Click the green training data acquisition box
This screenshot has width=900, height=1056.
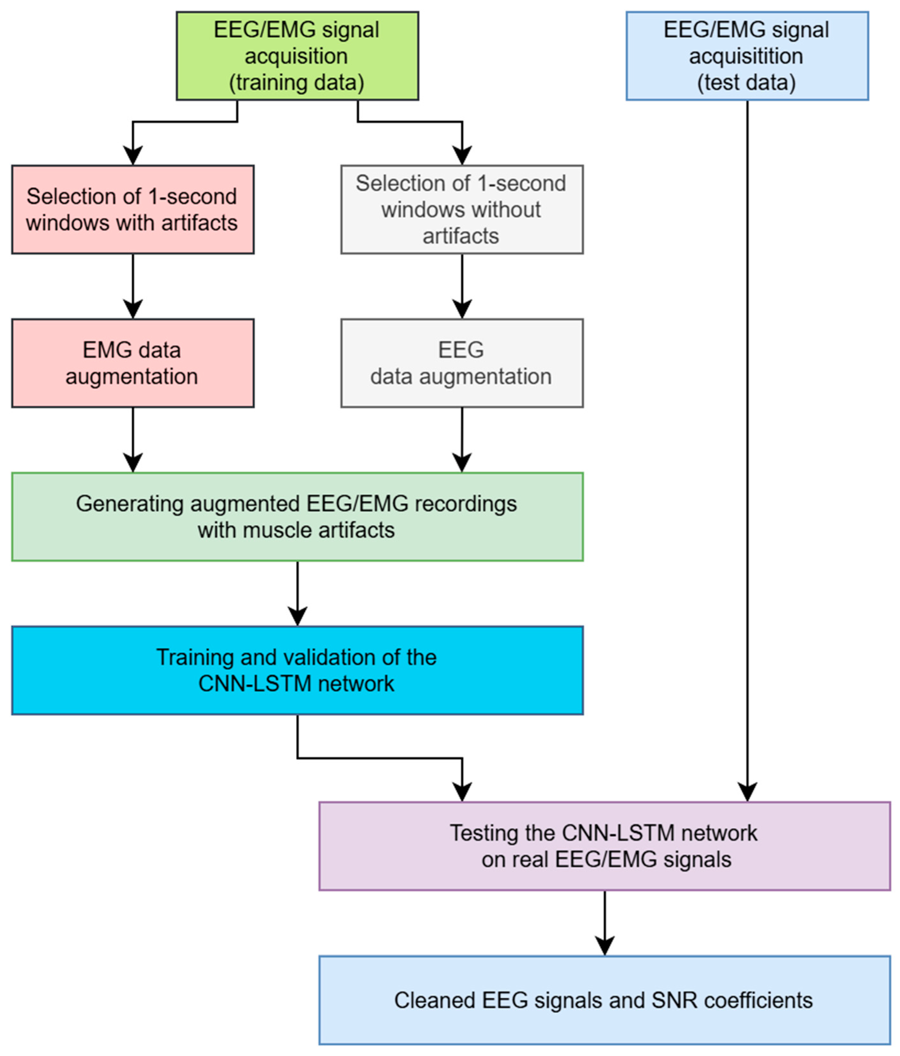(x=297, y=56)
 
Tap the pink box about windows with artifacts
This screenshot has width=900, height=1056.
(x=133, y=209)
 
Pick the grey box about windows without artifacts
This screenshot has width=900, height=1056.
(x=462, y=209)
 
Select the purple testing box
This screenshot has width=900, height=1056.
(x=604, y=846)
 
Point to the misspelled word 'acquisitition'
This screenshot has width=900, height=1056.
(x=746, y=56)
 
